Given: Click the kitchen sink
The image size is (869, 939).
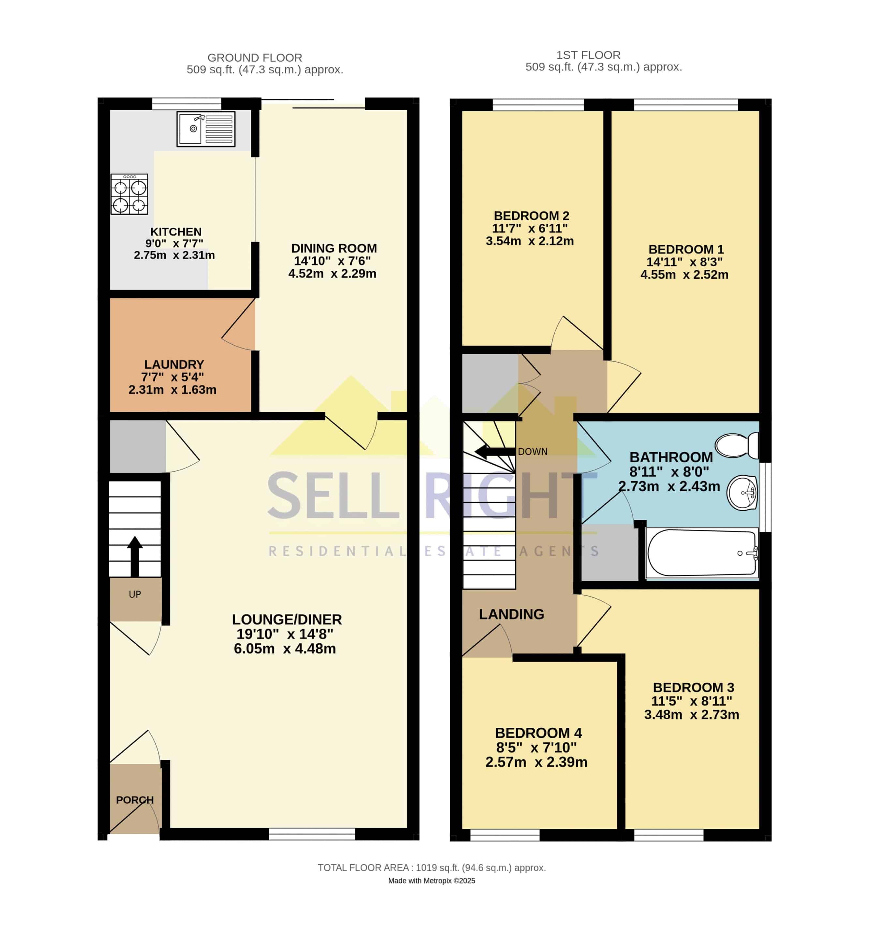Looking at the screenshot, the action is click(206, 129).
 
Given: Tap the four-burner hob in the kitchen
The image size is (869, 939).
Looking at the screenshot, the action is click(129, 194).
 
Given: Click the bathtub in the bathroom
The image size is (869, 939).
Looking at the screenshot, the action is click(702, 553).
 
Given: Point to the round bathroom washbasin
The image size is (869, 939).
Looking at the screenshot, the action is click(742, 493).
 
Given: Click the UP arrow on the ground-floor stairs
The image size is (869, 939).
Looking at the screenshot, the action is click(135, 556).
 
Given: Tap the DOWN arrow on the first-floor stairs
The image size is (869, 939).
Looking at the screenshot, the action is click(495, 452).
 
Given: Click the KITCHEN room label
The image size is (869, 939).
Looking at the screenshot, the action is click(176, 232).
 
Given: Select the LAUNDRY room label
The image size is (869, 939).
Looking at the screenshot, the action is click(174, 365).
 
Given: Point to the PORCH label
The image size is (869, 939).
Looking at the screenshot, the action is click(135, 800).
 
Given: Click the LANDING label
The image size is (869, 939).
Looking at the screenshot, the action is click(512, 614).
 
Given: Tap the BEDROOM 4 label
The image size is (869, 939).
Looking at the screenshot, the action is click(538, 733).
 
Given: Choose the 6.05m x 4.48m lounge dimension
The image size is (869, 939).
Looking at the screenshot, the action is click(285, 649).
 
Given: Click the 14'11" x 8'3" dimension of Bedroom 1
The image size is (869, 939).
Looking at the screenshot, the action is click(685, 262).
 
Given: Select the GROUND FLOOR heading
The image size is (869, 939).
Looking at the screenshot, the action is click(255, 58).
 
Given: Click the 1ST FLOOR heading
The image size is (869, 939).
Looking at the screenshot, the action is click(588, 55).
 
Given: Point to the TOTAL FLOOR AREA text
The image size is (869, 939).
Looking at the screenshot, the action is click(432, 868).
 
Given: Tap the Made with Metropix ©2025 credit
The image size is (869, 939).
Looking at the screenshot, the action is click(432, 881).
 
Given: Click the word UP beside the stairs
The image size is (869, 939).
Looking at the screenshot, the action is click(135, 594).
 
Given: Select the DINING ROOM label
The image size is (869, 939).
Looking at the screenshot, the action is click(334, 248).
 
